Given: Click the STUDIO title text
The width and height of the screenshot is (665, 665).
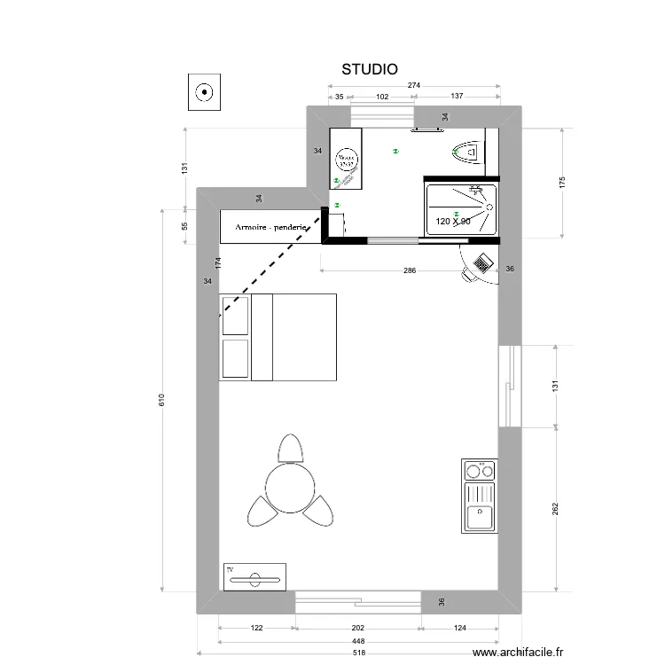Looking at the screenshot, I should coord(370,68).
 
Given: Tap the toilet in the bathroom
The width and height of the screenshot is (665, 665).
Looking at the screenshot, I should coord(465,152).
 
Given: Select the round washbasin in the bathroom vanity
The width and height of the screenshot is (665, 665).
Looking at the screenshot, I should coord(346,161).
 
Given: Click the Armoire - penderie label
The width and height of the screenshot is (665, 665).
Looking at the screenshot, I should coord(271,228).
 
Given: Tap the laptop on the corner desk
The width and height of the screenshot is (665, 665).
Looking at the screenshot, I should coord(483,262).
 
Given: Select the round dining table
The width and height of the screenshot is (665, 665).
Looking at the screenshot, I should coord(290,489).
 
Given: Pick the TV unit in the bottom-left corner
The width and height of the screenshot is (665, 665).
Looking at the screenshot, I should coord(254,577).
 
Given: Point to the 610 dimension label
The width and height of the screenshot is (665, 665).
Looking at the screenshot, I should coord(160,401).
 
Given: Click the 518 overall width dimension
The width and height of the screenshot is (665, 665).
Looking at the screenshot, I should coord(357,653).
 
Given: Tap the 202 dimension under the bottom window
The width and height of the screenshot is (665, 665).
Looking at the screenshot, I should coord(356,629).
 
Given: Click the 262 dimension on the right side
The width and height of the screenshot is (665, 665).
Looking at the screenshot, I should coord(556,510).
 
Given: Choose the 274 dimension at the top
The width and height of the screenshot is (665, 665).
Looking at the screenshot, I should coord(414,84).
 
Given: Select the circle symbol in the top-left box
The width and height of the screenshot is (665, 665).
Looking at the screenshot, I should coord(204,90).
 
